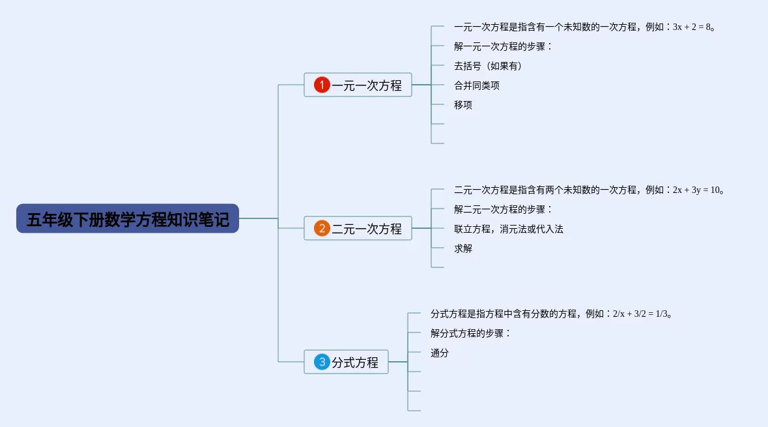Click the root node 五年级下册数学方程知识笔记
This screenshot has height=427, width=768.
coord(128,219)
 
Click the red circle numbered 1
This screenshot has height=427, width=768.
coord(322,85)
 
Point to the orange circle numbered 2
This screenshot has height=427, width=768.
coord(322,229)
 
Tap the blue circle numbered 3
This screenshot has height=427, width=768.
coord(322,362)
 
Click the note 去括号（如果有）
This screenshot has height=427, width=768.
coord(488,66)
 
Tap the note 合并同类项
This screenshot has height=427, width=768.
coord(477,85)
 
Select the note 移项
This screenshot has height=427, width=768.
coord(463,105)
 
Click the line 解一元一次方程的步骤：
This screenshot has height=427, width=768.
coord(503,47)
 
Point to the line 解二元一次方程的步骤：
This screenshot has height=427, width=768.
coord(503,210)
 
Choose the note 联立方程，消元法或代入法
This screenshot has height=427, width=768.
coord(509,229)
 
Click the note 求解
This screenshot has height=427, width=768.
coord(463,248)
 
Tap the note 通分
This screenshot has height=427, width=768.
coord(440,353)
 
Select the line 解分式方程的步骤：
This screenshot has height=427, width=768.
coord(470,334)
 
